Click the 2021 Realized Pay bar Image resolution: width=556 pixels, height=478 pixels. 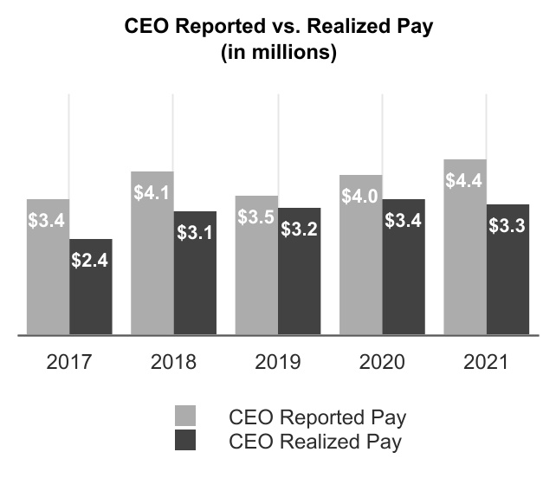[508, 273]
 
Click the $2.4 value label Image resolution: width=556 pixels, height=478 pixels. [91, 259]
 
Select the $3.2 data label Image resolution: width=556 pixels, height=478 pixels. [299, 230]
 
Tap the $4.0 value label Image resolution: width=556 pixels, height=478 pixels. [359, 197]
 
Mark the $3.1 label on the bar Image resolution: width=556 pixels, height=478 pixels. [195, 232]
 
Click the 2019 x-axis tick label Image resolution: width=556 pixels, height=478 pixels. [277, 361]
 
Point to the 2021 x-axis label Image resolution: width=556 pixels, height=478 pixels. [486, 361]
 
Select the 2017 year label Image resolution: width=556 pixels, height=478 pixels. [68, 361]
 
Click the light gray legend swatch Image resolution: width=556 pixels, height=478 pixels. [185, 415]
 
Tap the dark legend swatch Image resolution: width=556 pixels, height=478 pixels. [185, 441]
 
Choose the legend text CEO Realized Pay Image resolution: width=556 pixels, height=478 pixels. [317, 442]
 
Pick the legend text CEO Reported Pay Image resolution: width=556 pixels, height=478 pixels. [319, 417]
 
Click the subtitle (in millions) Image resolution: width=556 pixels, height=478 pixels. [278, 52]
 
